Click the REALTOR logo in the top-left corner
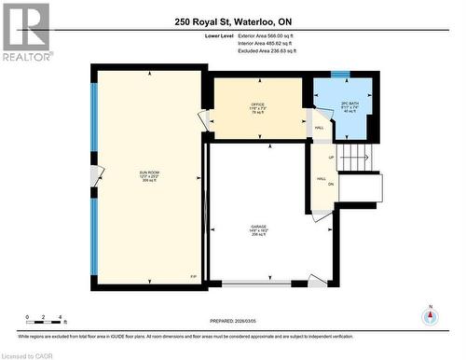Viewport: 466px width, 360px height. pos(25,33)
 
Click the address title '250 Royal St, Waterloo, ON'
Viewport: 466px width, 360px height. pos(233,21)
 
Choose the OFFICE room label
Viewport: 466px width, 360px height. pos(258,107)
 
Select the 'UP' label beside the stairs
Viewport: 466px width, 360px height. pos(332,158)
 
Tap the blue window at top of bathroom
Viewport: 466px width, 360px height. pos(342,74)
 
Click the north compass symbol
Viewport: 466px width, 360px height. pos(430,314)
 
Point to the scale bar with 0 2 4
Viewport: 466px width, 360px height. pos(44,324)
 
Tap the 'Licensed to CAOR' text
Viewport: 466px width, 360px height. pos(27,354)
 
